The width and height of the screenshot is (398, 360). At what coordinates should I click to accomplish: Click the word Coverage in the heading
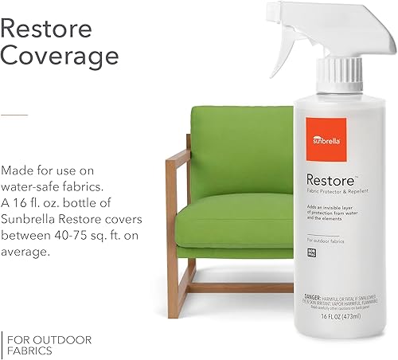[60, 57]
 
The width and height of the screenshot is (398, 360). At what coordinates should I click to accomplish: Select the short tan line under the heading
[14, 115]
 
